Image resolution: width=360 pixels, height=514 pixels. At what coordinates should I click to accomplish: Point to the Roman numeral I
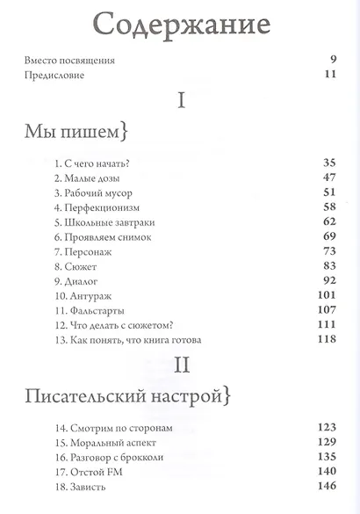[x=181, y=101]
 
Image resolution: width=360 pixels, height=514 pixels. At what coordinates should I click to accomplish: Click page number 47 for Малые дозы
[x=330, y=177]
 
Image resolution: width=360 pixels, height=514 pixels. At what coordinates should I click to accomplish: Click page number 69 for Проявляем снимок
[x=330, y=237]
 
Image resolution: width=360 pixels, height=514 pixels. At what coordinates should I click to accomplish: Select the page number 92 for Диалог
[x=330, y=281]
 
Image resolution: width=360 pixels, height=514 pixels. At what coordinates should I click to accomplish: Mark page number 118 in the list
[x=327, y=340]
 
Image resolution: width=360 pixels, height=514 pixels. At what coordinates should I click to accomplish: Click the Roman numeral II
[x=180, y=365]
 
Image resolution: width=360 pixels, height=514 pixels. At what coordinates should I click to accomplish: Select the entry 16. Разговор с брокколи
[x=109, y=456]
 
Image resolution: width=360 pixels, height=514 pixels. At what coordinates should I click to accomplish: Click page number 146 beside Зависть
[x=327, y=485]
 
